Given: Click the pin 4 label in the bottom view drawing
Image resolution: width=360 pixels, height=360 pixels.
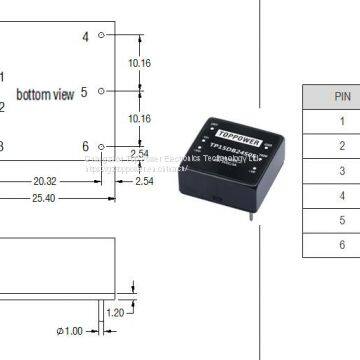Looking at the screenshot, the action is click(x=85, y=36).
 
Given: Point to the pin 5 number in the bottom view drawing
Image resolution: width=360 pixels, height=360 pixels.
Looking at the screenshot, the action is click(x=85, y=92).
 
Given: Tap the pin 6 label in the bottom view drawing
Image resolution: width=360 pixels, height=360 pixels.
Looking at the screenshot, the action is click(x=85, y=147).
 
